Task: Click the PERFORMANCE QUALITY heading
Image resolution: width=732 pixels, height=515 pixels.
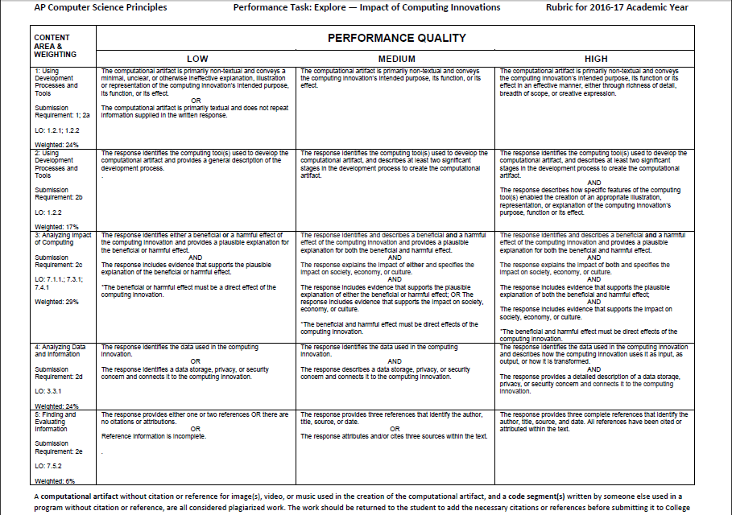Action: pos(396,38)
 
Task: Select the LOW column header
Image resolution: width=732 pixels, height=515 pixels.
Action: pos(197,59)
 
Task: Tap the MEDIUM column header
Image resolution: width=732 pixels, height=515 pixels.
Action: pos(397,59)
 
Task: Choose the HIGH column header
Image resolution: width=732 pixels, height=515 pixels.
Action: pos(597,59)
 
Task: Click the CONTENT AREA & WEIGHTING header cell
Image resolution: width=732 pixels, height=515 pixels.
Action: pos(56,46)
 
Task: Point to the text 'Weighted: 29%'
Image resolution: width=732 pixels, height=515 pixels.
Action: pos(56,302)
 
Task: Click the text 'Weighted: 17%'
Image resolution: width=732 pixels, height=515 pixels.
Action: pos(56,227)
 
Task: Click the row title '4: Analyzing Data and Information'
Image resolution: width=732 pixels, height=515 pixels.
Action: pos(60,350)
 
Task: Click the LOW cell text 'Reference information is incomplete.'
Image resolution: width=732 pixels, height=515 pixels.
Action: pos(153,436)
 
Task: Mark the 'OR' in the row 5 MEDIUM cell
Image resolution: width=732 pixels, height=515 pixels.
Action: pos(395,428)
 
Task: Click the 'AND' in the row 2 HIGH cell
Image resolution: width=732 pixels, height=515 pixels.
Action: pos(594,182)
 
